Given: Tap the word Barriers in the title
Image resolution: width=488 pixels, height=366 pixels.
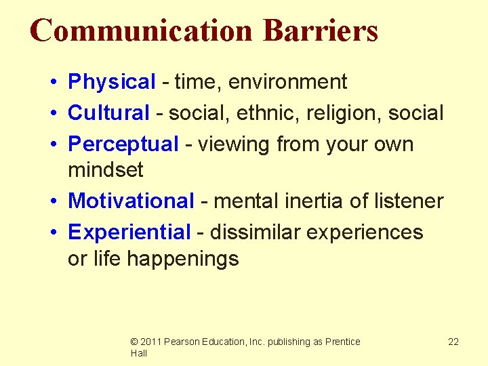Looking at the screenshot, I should (x=320, y=31).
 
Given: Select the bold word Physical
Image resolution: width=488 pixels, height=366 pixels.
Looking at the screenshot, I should (x=112, y=82).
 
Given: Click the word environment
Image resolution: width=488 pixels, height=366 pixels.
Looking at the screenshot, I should (x=287, y=82).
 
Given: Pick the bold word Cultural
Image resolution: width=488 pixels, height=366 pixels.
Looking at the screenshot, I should (x=109, y=113).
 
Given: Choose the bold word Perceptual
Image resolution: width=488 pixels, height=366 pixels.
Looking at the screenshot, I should (x=123, y=144).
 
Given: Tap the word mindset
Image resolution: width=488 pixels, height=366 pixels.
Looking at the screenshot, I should (x=106, y=169).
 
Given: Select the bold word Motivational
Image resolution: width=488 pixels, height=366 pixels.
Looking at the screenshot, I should (x=131, y=201).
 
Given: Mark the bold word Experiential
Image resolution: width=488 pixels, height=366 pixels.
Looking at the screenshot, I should (x=129, y=232).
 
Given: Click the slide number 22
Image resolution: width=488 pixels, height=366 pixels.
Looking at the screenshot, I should (x=453, y=342).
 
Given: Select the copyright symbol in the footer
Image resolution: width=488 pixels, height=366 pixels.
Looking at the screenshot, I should (x=134, y=342).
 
